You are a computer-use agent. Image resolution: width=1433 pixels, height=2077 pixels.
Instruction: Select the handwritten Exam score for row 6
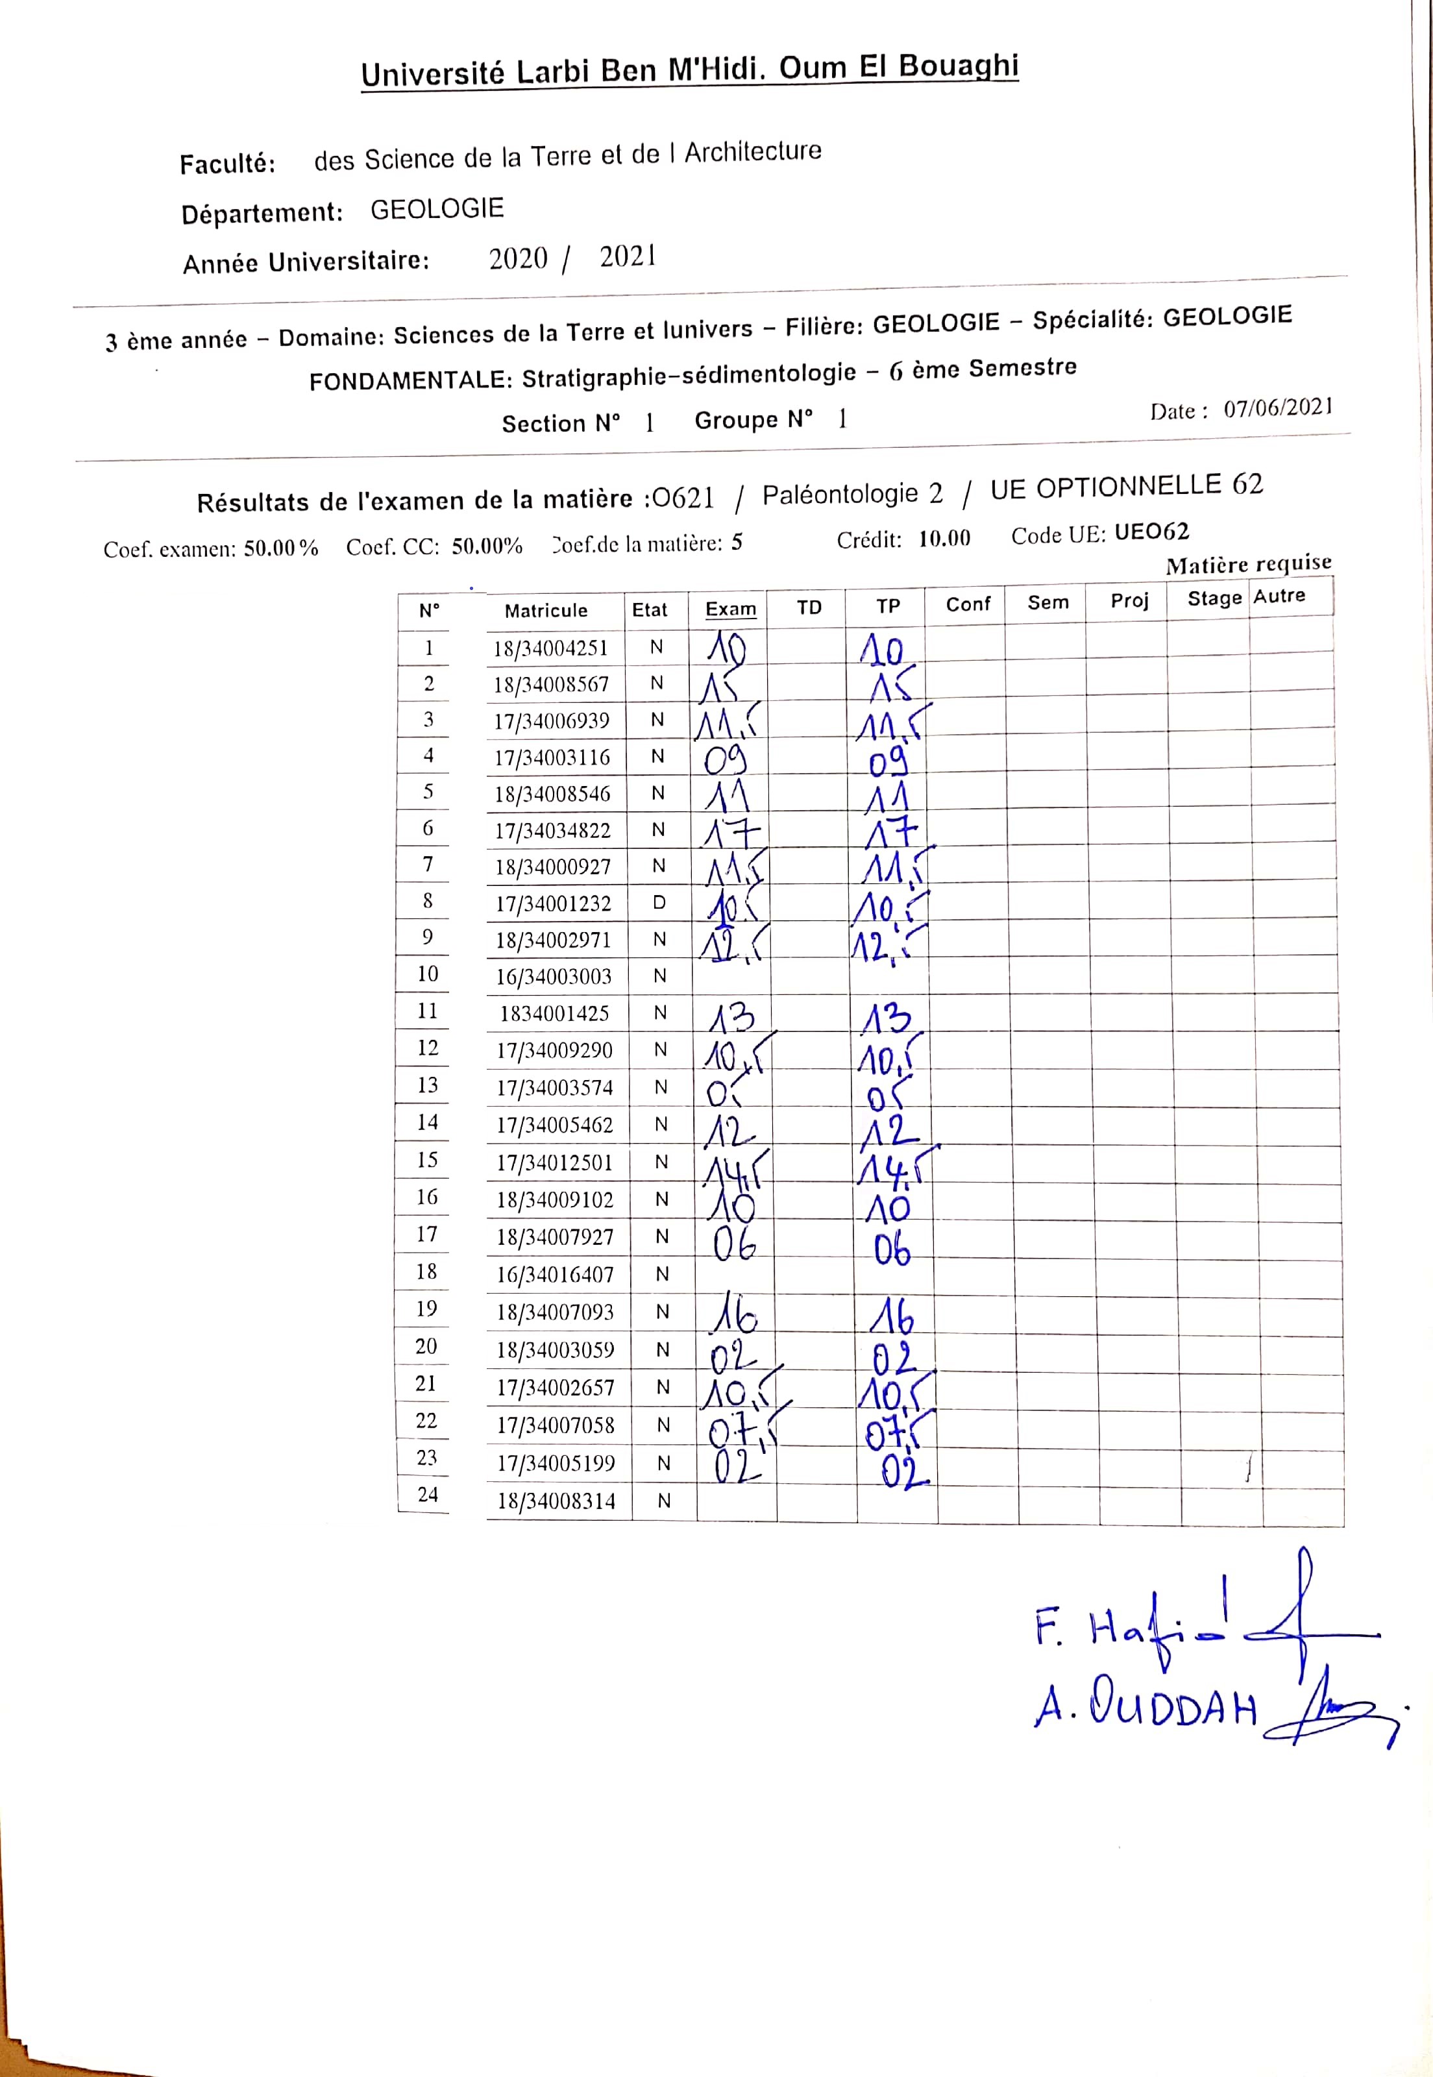[731, 834]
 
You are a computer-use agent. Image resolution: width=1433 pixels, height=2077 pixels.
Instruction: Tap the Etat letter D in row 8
[659, 902]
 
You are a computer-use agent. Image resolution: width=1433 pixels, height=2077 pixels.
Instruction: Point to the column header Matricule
[546, 611]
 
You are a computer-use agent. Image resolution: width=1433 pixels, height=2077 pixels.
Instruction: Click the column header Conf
[968, 604]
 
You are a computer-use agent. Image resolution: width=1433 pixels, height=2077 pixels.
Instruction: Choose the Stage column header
[1214, 598]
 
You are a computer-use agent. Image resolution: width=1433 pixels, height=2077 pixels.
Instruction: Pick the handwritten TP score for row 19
[892, 1318]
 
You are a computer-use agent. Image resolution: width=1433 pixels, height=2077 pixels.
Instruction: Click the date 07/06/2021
[1278, 408]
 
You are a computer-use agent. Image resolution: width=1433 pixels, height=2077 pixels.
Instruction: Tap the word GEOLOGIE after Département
[437, 209]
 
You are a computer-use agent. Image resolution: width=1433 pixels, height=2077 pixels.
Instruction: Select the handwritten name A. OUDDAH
[1145, 1707]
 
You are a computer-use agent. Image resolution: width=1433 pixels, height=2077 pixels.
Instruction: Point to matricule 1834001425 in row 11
[554, 1014]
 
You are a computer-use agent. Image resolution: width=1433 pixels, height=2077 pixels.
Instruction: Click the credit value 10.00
[944, 538]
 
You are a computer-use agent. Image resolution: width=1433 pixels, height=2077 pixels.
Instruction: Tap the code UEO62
[1151, 532]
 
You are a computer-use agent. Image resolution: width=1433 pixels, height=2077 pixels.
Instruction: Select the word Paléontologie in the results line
[840, 494]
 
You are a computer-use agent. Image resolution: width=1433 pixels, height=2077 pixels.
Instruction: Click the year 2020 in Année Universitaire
[518, 258]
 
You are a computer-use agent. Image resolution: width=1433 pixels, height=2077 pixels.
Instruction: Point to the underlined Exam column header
[730, 609]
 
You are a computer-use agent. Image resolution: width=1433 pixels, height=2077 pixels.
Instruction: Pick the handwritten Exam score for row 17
[735, 1244]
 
